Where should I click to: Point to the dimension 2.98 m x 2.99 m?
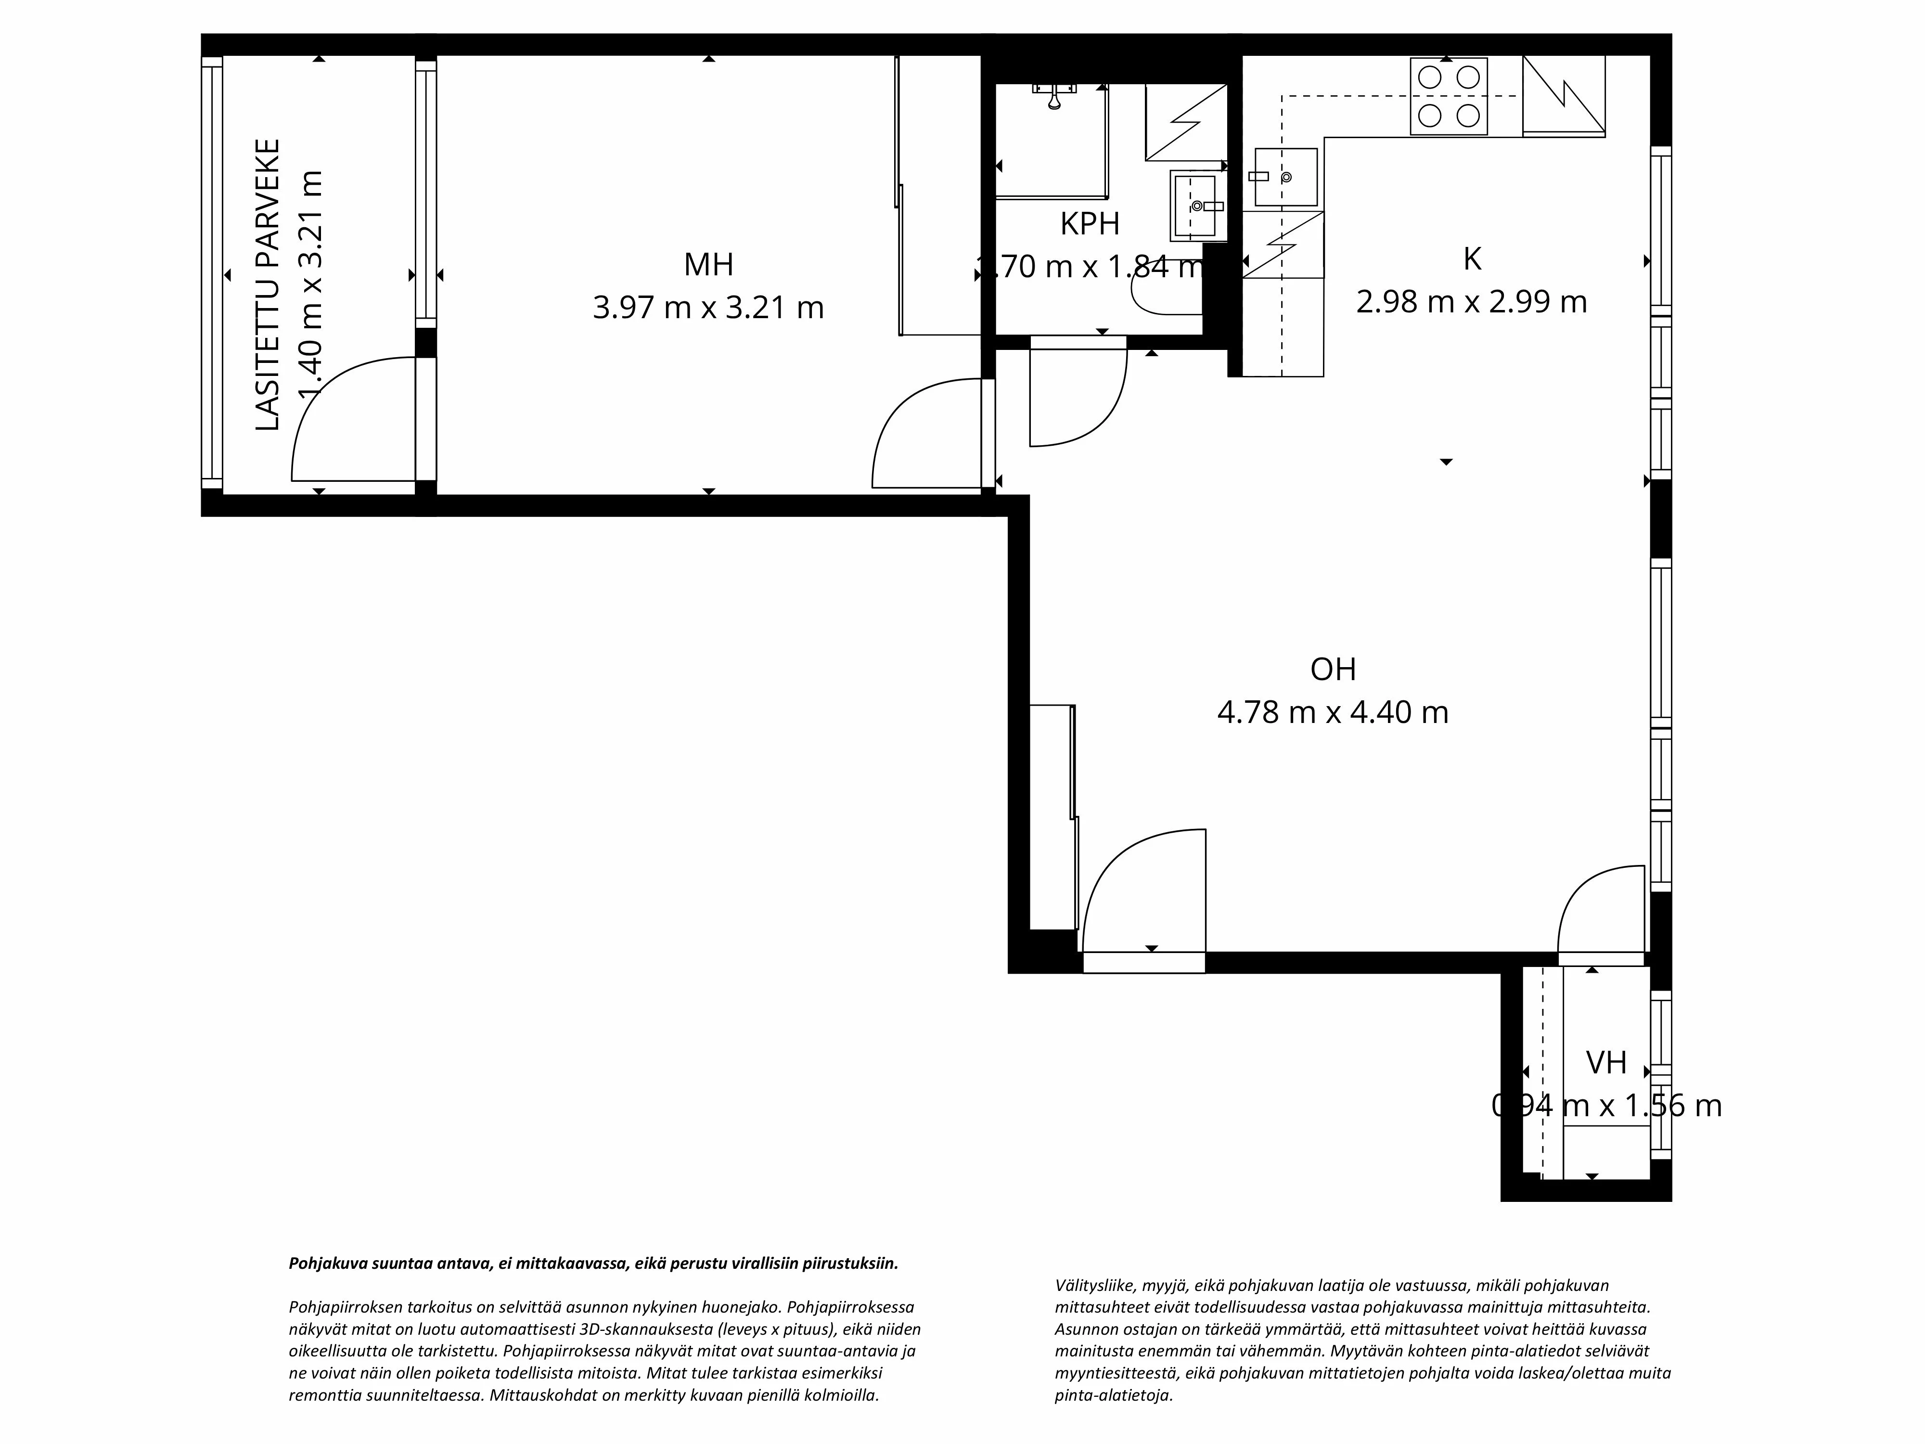1472,302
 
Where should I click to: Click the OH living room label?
1333,670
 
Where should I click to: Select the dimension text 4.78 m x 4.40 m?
1333,713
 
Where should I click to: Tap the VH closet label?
1605,1063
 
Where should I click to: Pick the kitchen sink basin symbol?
1285,177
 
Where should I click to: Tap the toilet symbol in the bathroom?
1166,297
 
